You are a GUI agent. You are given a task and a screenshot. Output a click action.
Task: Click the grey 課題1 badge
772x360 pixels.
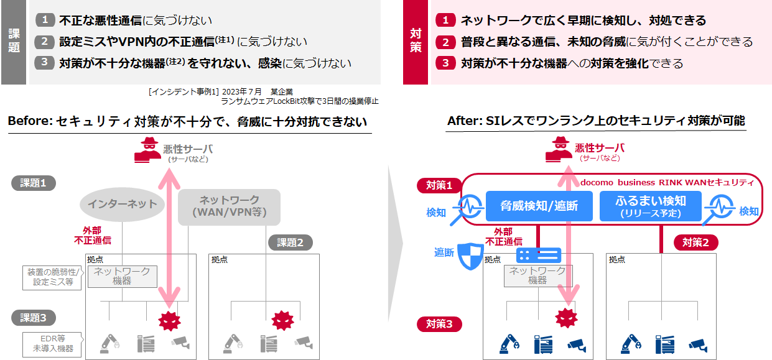point(34,183)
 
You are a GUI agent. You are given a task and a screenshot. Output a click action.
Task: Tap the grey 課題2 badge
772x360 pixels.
point(290,242)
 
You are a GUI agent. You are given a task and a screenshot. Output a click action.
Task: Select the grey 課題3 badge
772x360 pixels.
point(34,318)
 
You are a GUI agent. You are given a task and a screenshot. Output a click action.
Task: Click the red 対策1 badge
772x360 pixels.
point(439,185)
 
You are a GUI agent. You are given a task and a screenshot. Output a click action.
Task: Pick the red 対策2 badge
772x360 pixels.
point(696,242)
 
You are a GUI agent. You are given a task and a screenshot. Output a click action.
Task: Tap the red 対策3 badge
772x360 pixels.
point(439,324)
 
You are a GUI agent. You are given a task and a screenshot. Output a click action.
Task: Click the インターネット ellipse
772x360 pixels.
point(122,205)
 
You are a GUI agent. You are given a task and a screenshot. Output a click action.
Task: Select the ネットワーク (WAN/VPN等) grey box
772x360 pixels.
point(229,206)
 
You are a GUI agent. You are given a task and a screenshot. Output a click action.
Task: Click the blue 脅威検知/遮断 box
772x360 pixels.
point(539,206)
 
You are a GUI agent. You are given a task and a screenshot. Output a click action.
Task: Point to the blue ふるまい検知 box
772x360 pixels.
point(651,206)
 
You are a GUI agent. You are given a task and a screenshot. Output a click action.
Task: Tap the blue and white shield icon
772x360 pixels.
point(470,256)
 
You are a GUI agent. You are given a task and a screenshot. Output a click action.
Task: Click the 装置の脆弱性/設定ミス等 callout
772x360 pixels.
point(52,277)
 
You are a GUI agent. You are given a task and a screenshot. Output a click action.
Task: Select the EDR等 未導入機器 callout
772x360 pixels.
point(52,344)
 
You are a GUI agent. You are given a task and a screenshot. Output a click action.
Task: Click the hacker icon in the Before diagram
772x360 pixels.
point(147,150)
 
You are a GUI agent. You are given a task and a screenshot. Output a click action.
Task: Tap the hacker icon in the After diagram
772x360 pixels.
point(559,149)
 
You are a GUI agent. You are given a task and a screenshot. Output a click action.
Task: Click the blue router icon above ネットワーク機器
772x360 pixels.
point(538,256)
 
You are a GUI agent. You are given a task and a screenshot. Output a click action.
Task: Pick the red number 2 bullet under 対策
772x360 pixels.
point(445,42)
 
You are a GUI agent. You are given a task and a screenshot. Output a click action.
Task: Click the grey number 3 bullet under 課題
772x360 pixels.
point(44,63)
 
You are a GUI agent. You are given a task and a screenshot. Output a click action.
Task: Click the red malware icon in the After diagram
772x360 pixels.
point(567,318)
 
